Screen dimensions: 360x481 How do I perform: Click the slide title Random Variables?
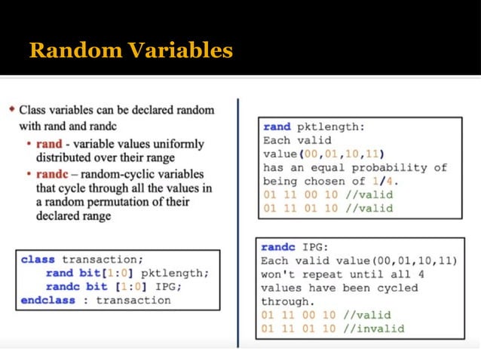click(130, 50)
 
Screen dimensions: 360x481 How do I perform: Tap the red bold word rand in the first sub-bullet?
click(50, 143)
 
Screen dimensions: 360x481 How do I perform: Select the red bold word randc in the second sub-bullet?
click(53, 174)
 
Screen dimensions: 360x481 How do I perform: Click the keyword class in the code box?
click(38, 259)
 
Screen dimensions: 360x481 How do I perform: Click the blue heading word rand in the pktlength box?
click(277, 127)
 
